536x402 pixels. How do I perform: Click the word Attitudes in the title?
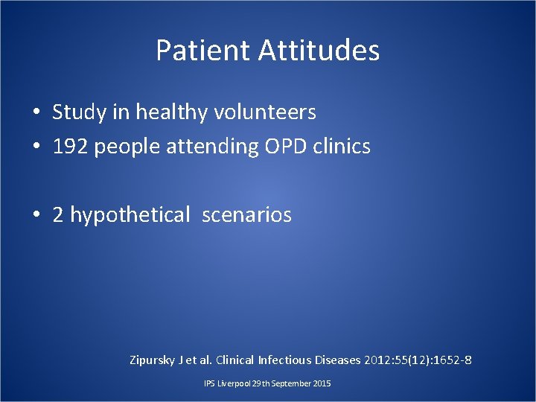tap(319, 51)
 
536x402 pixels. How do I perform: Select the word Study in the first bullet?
tap(78, 112)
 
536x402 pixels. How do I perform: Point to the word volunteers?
tap(265, 112)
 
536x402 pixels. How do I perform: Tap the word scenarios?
tap(246, 215)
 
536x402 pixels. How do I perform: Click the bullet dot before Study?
tap(36, 113)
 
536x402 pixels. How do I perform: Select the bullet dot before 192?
tap(36, 147)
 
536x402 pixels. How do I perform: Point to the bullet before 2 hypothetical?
tap(36, 216)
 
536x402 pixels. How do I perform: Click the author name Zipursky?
tap(153, 361)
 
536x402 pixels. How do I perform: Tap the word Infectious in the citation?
tap(288, 361)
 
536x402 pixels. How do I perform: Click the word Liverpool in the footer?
tap(233, 383)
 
